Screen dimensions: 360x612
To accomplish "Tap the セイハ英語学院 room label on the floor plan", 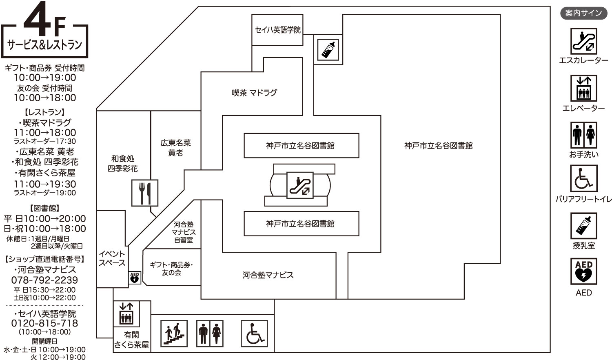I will (277, 30).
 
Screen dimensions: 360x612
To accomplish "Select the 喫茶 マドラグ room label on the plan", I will (254, 93).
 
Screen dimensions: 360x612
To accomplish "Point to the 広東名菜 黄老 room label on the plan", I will (175, 148).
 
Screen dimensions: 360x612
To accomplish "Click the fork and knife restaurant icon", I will (144, 193).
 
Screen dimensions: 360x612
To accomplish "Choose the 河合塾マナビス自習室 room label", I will (183, 232).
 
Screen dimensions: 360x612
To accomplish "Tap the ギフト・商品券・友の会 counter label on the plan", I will (171, 269).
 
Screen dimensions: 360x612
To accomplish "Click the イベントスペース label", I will (112, 258).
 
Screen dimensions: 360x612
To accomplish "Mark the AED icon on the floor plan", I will (135, 278).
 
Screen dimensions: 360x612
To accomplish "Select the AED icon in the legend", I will (583, 271).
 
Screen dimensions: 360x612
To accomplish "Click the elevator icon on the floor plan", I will (126, 313).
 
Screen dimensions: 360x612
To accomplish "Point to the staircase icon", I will (174, 333).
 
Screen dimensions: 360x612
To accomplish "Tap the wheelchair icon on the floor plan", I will (254, 333).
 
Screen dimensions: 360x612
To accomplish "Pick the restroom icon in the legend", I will (583, 135).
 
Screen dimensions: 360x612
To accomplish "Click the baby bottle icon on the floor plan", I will (328, 49).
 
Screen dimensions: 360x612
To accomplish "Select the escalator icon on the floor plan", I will (300, 185).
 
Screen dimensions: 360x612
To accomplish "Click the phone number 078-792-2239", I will (44, 280).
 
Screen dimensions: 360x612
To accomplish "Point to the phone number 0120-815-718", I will (44, 323).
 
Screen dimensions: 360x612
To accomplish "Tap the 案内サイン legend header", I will (583, 13).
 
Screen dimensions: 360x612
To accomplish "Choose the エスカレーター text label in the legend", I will (583, 60).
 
